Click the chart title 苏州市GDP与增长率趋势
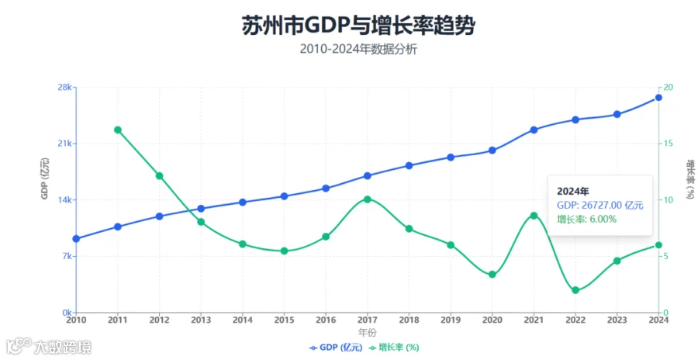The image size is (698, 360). tap(358, 25)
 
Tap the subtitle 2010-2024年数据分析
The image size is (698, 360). tap(358, 49)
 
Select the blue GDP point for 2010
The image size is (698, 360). tap(76, 239)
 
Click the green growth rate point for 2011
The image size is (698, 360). tap(118, 130)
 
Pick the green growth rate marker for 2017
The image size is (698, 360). tap(368, 199)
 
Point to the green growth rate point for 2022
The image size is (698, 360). tap(575, 290)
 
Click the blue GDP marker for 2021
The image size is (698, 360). tap(534, 130)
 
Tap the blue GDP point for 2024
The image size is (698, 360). tap(658, 98)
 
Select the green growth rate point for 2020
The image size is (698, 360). tap(492, 275)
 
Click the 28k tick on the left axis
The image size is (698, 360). tap(65, 88)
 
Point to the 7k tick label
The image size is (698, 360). tap(67, 256)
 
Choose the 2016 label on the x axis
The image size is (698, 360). tap(326, 320)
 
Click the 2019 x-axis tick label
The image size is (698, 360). tap(451, 320)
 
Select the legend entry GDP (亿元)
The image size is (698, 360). tap(336, 348)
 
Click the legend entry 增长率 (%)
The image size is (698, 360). tap(395, 348)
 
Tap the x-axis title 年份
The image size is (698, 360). tap(368, 332)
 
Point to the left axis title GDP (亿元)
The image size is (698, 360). tap(46, 178)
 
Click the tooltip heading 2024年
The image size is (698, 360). tap(573, 192)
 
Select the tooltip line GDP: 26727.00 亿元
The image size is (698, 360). tap(600, 206)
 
